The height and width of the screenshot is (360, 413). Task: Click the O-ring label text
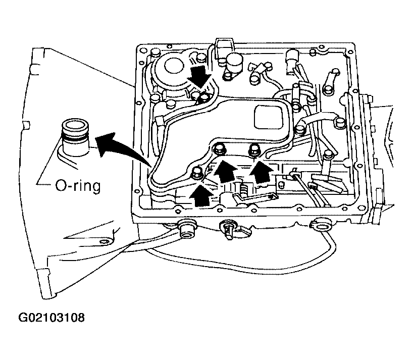click(78, 186)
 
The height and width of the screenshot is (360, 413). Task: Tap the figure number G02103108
click(51, 318)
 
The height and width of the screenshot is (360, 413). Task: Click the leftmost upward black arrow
click(201, 195)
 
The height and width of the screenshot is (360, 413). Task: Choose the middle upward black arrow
click(224, 171)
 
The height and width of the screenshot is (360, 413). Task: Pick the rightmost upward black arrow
click(260, 172)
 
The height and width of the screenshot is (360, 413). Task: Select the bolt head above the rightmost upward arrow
click(254, 150)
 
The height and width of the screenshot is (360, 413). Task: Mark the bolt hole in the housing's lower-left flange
click(104, 241)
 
